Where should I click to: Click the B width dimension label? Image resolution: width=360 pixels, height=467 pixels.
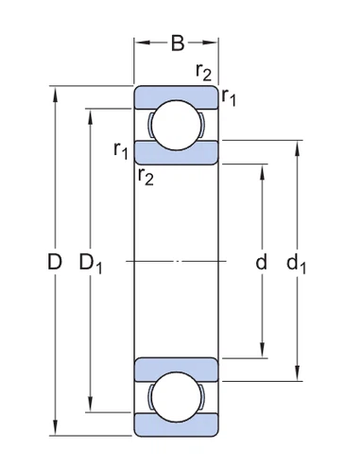tap(177, 42)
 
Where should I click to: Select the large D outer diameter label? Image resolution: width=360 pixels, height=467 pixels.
tap(54, 262)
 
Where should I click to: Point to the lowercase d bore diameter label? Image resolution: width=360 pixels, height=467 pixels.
tap(262, 262)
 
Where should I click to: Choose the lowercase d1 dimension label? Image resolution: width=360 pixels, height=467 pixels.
tap(298, 263)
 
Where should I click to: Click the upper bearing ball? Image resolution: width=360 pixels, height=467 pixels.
tap(177, 126)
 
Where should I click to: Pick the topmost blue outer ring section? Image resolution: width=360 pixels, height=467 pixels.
tap(177, 94)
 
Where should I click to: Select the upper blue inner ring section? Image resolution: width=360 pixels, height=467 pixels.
tap(177, 153)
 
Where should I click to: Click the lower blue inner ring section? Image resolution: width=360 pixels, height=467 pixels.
tap(177, 368)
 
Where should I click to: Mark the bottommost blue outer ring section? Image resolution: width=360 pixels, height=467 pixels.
tap(177, 426)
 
